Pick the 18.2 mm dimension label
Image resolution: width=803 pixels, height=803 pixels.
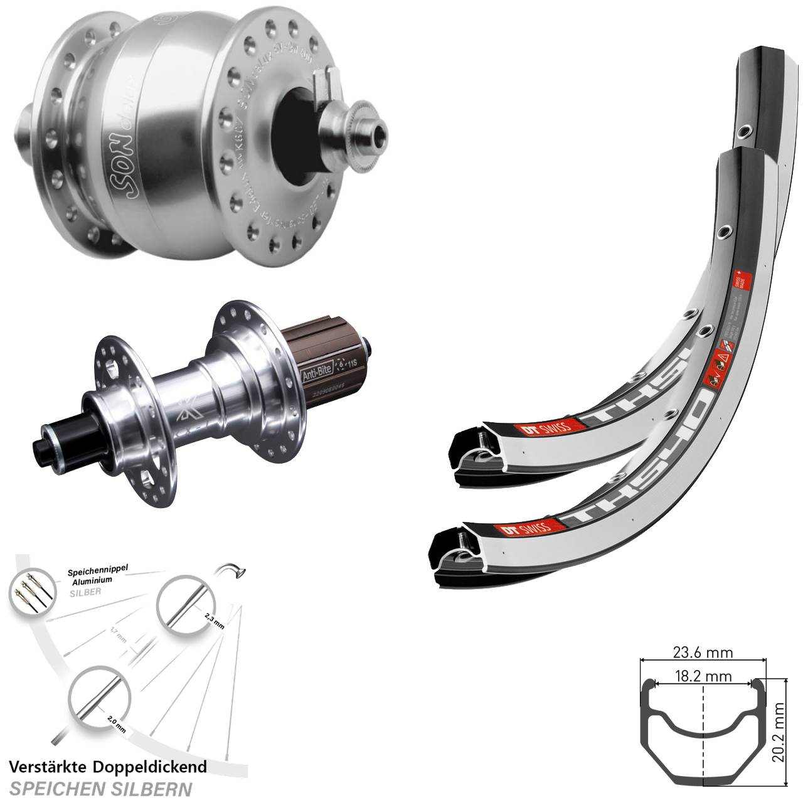(x=702, y=676)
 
